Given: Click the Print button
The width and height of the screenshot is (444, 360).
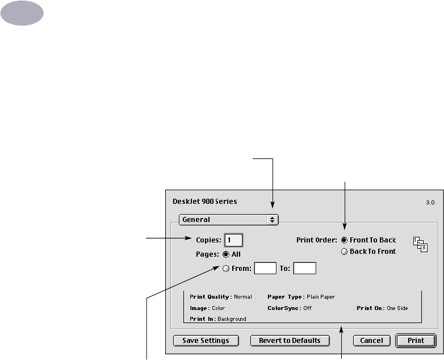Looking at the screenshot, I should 416,341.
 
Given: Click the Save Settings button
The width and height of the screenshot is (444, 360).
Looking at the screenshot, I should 206,341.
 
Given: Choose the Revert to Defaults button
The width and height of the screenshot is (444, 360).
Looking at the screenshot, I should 290,341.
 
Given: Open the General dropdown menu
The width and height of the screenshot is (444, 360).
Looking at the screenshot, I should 228,219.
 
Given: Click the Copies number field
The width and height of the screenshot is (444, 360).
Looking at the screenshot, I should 234,240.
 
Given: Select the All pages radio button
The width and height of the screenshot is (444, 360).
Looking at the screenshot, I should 226,254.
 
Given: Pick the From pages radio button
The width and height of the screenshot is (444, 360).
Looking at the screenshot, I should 226,269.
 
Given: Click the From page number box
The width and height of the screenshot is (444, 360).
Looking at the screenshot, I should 265,269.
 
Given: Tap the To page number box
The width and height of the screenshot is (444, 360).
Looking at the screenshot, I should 304,269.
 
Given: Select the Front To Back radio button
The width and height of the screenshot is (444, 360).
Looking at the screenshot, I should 345,240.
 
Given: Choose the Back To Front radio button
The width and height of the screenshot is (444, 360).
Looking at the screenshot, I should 345,252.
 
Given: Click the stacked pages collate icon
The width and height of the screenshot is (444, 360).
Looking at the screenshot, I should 420,244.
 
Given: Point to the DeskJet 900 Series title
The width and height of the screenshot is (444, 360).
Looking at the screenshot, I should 204,201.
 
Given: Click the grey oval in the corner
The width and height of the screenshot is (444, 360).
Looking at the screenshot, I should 22,12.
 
